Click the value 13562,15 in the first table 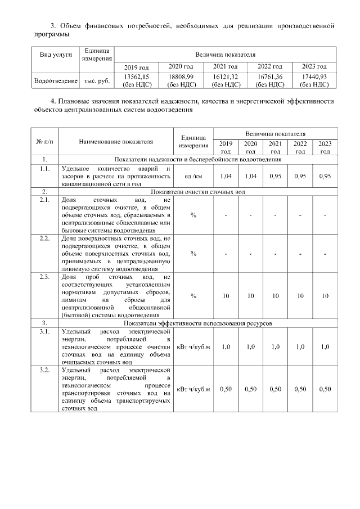[137, 76]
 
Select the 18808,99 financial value [181, 76]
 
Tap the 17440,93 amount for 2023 [314, 76]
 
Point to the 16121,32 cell [225, 76]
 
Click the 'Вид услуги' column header [55, 56]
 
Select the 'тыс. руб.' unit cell [97, 81]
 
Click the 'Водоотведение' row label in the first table [55, 81]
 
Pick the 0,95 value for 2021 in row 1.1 [275, 176]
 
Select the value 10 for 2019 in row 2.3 [226, 296]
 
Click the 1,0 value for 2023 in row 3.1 [325, 346]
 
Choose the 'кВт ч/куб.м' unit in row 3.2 [193, 389]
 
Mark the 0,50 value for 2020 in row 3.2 [250, 389]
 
